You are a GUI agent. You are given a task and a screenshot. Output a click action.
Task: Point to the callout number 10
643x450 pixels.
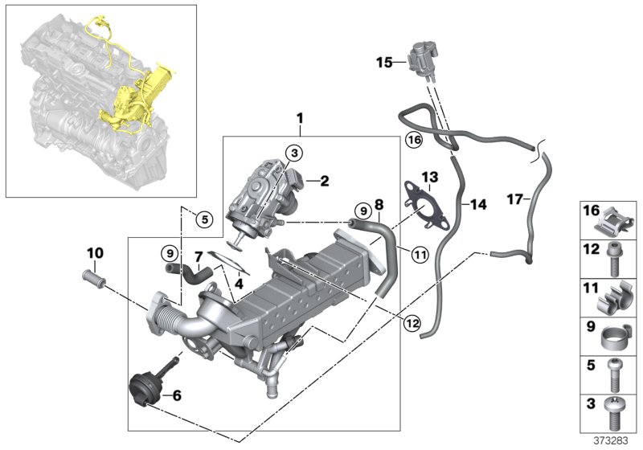pos(95,253)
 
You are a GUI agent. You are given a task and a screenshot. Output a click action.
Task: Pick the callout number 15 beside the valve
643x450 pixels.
pos(384,61)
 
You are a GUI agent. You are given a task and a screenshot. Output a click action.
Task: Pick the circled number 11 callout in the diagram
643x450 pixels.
pos(420,256)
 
